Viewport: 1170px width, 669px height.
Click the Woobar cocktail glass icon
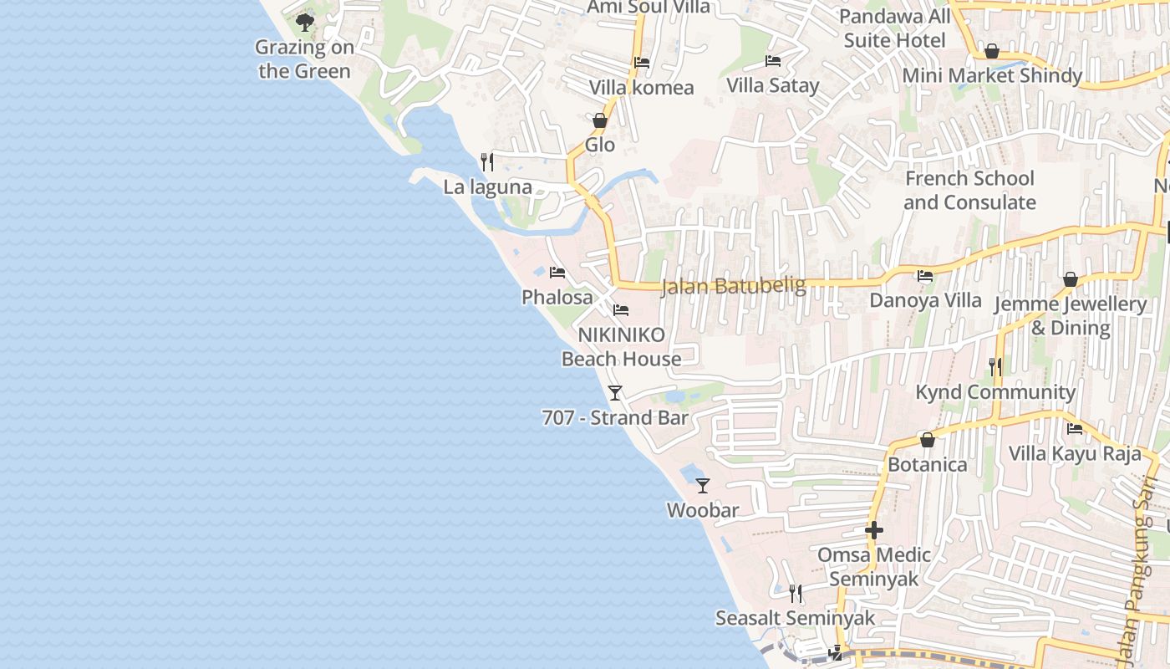703,485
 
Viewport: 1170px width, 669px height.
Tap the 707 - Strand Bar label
615,417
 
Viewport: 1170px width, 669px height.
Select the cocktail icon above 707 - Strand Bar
615,392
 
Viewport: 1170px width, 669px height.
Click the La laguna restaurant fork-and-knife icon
487,161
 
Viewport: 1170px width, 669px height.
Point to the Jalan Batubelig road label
733,286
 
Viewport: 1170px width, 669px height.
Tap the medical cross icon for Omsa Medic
873,530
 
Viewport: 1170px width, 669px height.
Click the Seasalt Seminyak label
795,618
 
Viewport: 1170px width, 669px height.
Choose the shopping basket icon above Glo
599,120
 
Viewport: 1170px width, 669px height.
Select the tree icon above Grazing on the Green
305,22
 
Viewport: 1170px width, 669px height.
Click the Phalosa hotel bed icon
557,273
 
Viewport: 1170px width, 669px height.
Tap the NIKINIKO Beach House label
622,347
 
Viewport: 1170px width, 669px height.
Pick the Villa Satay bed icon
773,61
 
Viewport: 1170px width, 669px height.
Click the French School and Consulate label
969,191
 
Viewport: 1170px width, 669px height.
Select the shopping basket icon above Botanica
927,440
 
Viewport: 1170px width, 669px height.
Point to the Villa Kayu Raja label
1075,454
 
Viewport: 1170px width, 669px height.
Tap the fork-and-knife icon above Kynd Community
994,366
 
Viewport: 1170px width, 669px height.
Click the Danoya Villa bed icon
925,276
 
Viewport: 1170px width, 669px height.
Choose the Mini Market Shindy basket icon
992,52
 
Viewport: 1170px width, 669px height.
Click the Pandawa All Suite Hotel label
895,28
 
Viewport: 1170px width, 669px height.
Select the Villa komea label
641,88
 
